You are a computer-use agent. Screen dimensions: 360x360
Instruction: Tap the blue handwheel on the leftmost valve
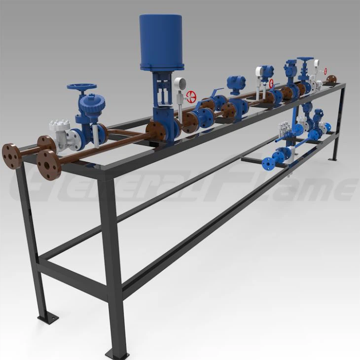pyautogui.click(x=82, y=88)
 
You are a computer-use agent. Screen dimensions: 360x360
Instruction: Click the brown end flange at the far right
pyautogui.click(x=331, y=79)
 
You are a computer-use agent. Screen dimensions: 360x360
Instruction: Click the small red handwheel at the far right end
pyautogui.click(x=325, y=72)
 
